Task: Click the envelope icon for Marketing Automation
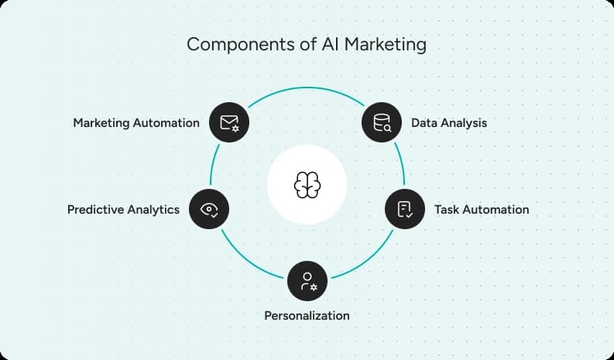pos(229,122)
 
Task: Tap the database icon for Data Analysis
pos(382,122)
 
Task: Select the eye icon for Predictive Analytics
pos(209,209)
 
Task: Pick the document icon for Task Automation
pos(405,209)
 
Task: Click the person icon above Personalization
pos(307,280)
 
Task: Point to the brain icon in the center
pos(307,184)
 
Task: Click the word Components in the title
pos(235,44)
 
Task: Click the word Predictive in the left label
pos(94,209)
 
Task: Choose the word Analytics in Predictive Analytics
pos(153,209)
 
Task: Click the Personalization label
pos(307,315)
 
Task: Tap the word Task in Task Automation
pos(448,209)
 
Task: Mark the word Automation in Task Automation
pos(496,209)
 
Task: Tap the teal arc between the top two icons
pos(307,88)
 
